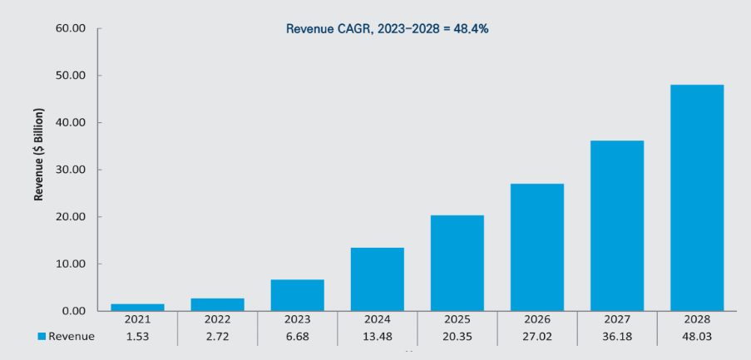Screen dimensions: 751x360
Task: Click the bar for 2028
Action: [x=696, y=198]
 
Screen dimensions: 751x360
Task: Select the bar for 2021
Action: [x=137, y=308]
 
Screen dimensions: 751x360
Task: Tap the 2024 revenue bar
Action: [x=377, y=279]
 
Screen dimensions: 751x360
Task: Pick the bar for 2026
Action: [x=537, y=247]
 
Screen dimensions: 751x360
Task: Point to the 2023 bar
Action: [x=298, y=295]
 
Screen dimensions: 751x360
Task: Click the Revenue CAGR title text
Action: [x=387, y=29]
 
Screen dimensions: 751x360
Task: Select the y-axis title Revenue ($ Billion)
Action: [x=39, y=155]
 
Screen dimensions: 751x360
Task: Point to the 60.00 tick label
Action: [x=70, y=28]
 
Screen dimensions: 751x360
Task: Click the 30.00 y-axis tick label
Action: [x=70, y=170]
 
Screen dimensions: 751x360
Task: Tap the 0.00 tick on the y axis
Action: [x=72, y=311]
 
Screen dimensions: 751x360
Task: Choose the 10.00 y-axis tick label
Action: [x=70, y=264]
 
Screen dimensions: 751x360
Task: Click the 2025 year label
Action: [x=457, y=319]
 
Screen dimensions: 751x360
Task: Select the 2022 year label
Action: [x=217, y=319]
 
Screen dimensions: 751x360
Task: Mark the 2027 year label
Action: [x=617, y=319]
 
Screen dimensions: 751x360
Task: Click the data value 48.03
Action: [x=697, y=337]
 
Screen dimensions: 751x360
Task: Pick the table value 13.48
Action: [x=377, y=337]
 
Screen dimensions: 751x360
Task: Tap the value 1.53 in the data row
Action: [x=137, y=337]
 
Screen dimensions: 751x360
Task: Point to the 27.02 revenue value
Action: [x=537, y=337]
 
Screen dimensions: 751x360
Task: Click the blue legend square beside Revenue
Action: [x=42, y=337]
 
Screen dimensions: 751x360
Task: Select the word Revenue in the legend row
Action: [x=72, y=337]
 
